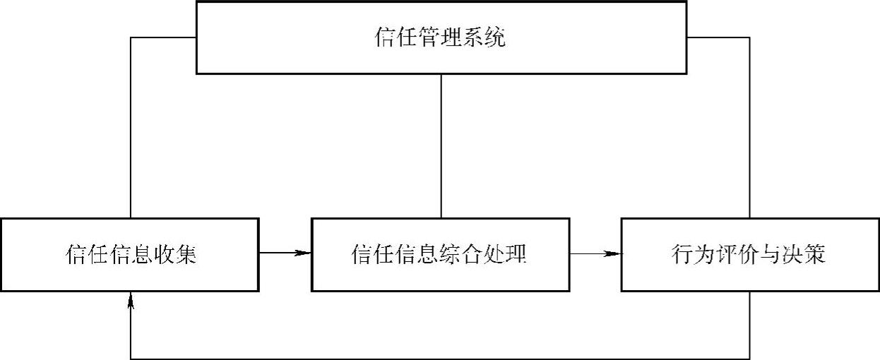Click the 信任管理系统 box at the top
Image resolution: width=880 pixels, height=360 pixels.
[441, 37]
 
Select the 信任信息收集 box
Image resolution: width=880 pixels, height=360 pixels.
[130, 254]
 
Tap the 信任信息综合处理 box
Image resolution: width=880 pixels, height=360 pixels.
[439, 254]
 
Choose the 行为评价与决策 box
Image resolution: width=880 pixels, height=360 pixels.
[749, 254]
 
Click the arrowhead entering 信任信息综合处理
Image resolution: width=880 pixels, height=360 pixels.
[304, 253]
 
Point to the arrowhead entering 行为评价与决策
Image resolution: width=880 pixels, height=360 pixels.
[614, 253]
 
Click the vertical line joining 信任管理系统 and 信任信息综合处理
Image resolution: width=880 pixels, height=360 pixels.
[441, 145]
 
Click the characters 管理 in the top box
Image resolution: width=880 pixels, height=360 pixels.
[441, 37]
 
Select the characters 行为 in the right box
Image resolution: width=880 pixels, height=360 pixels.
[684, 254]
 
